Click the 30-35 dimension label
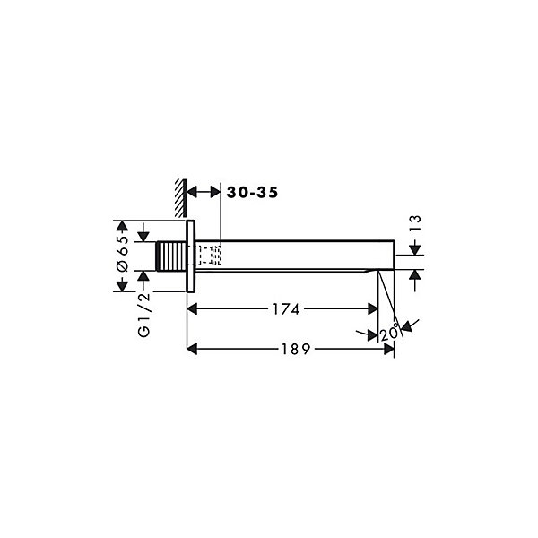(252, 193)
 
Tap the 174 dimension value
(286, 309)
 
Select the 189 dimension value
(296, 350)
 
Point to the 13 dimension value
(415, 223)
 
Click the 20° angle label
(390, 332)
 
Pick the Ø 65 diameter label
(123, 254)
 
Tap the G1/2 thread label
(144, 315)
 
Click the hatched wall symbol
(180, 198)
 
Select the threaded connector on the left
(171, 256)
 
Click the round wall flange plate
(191, 256)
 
